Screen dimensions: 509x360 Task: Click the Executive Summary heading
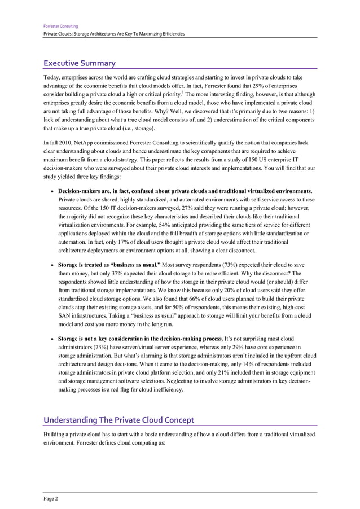[80, 63]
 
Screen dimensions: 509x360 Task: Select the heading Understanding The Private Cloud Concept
[119, 420]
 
